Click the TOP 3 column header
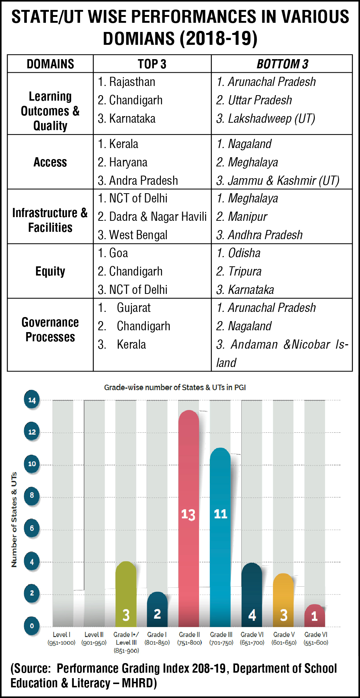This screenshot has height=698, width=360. coord(152,64)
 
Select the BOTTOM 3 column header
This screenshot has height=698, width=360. coord(282,64)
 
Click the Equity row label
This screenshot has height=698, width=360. coord(50,271)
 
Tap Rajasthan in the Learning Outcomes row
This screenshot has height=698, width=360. coord(132,82)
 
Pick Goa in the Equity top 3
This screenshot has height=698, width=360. coord(118,253)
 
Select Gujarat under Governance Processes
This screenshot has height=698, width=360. coord(133,308)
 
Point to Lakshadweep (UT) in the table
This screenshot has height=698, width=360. coord(271,119)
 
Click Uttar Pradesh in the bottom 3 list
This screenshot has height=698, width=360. coord(260,100)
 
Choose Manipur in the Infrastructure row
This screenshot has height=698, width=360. coord(247,217)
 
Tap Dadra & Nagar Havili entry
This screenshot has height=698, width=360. coord(158,217)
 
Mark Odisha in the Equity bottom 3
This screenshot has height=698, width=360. coord(244,253)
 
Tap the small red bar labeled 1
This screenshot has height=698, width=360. coord(315,616)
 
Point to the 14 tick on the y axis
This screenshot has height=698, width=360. coord(32,400)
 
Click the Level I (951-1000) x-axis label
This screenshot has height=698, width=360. coord(61,638)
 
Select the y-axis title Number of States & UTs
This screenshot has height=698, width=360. coord(14,519)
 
